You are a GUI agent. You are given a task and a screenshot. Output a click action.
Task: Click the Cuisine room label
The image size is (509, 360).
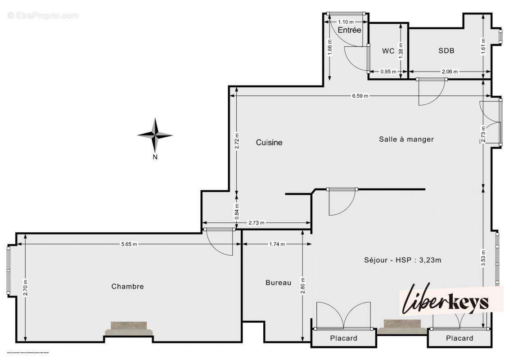[x=269, y=143]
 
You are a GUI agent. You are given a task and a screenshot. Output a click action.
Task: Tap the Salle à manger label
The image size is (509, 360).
[x=406, y=139]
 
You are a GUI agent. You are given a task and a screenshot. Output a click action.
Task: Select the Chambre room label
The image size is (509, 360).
[x=127, y=286]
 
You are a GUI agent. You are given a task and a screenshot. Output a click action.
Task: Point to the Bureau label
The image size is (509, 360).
[x=278, y=283]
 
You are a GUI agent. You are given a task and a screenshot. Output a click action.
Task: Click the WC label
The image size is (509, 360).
[x=388, y=51]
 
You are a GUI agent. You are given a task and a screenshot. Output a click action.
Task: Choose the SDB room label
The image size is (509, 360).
[x=446, y=51]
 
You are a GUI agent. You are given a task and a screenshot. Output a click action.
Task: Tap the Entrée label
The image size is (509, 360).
[x=350, y=30]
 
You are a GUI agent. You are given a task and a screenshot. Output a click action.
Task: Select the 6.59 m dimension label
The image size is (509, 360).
[x=360, y=96]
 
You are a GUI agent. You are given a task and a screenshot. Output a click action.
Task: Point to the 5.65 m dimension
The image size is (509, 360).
[x=129, y=244]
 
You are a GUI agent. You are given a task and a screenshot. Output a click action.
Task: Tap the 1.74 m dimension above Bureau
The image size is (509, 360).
[x=277, y=244]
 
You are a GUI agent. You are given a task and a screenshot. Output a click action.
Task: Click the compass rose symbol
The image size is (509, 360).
[x=155, y=135]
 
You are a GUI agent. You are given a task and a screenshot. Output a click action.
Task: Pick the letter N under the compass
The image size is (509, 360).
[x=155, y=157]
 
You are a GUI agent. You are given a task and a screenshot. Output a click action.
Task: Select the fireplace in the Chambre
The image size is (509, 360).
[x=129, y=329]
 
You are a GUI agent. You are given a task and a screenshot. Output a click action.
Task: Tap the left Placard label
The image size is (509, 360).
[x=343, y=338]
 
